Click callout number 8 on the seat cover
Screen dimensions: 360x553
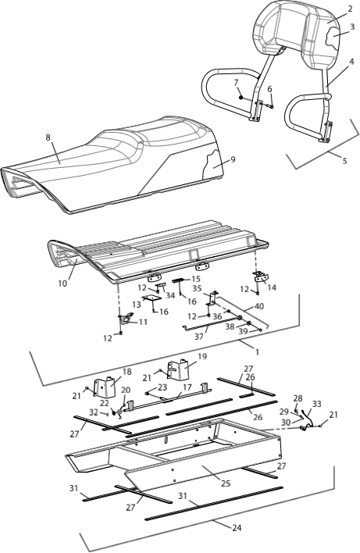pyautogui.click(x=48, y=137)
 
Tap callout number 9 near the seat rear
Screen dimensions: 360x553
pyautogui.click(x=233, y=159)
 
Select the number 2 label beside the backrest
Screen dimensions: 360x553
pyautogui.click(x=350, y=9)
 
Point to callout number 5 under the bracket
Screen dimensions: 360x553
pyautogui.click(x=344, y=161)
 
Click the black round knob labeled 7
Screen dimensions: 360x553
pyautogui.click(x=241, y=98)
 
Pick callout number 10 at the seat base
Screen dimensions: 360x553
pyautogui.click(x=62, y=283)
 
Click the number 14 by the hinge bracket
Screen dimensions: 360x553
pyautogui.click(x=272, y=287)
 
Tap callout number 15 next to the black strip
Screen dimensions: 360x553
pyautogui.click(x=196, y=280)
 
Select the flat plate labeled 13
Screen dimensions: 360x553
pyautogui.click(x=152, y=298)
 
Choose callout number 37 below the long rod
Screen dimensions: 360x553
pyautogui.click(x=199, y=337)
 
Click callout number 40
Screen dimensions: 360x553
pyautogui.click(x=258, y=306)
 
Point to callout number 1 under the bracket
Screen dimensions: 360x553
pyautogui.click(x=257, y=352)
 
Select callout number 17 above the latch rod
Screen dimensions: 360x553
pyautogui.click(x=187, y=387)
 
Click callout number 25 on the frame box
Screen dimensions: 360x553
pyautogui.click(x=226, y=483)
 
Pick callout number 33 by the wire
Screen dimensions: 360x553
pyautogui.click(x=316, y=404)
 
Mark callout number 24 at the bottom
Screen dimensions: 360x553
pyautogui.click(x=237, y=527)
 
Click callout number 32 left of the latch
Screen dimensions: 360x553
pyautogui.click(x=94, y=411)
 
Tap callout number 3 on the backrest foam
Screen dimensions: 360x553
pyautogui.click(x=352, y=27)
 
